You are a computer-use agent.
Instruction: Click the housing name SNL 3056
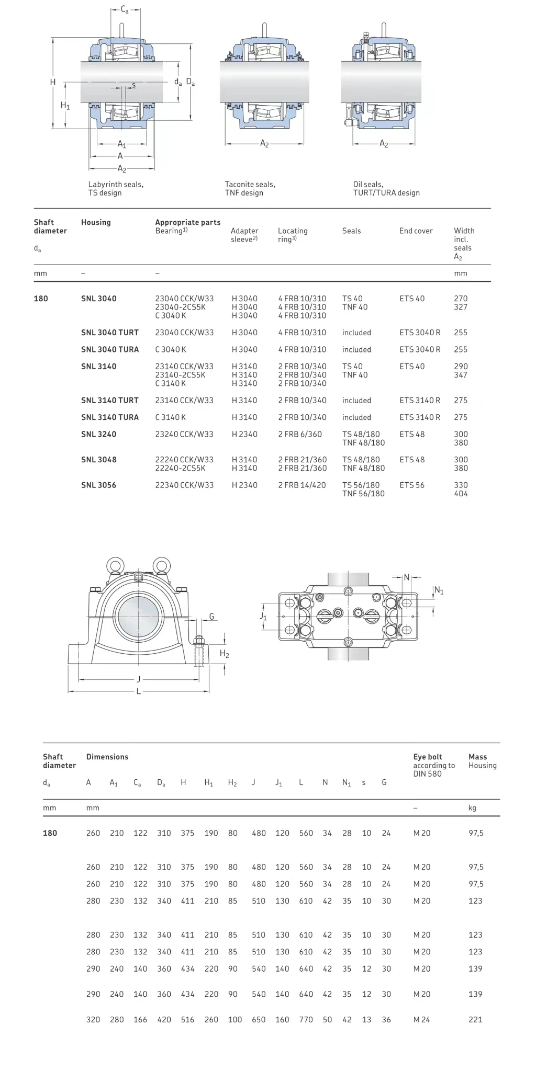coord(98,485)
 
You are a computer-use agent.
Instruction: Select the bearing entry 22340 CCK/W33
coord(184,485)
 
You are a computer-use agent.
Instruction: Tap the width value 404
coord(461,494)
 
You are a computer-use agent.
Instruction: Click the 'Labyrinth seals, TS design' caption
coord(116,189)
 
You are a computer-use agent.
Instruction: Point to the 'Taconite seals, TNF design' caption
coord(250,189)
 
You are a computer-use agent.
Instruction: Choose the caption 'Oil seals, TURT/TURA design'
coord(386,189)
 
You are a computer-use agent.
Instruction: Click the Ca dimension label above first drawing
coord(125,9)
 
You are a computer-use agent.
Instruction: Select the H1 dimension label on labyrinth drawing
coord(65,106)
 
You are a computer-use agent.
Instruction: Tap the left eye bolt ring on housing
coord(115,566)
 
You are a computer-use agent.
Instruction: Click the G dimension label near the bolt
coord(211,617)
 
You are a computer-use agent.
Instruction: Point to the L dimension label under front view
coord(138,691)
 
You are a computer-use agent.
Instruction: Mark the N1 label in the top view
coord(439,591)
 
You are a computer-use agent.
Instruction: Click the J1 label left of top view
coord(263,617)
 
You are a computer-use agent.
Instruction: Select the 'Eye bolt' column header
coord(428,757)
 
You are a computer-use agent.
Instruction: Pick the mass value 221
coord(475,1020)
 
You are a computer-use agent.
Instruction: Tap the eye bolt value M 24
coord(421,1020)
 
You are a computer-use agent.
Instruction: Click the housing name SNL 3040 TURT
coord(110,333)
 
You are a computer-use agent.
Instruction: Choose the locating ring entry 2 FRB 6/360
coord(300,435)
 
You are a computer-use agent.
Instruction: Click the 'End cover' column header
coord(416,231)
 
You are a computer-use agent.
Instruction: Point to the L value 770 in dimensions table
coord(306,1020)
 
